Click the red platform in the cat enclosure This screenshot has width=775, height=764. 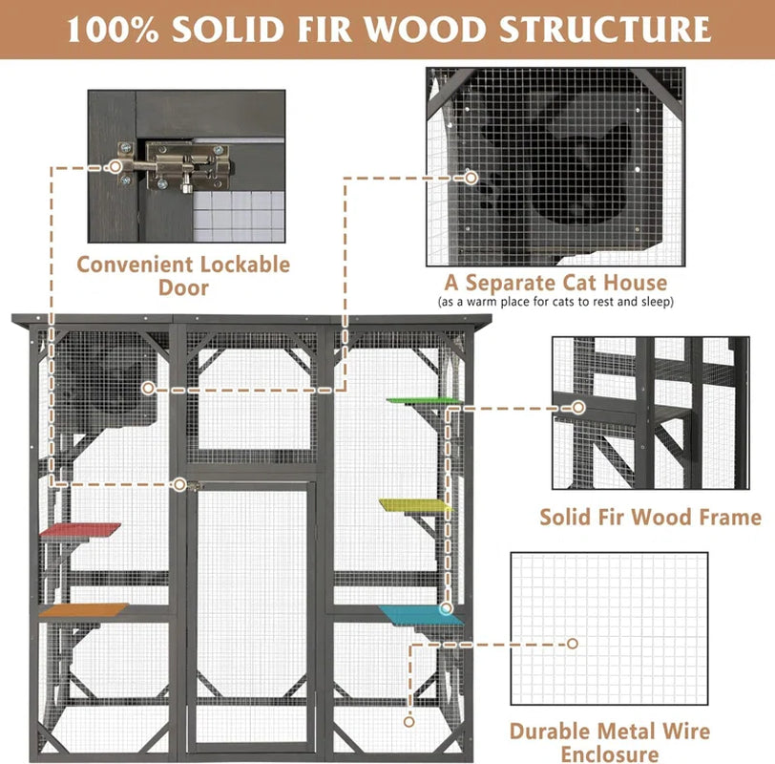[80, 530]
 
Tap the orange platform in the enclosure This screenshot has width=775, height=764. [84, 609]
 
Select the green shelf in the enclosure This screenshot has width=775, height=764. [423, 400]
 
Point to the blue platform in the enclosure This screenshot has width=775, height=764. [421, 615]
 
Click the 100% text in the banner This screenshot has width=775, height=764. [114, 30]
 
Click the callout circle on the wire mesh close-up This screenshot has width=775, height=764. [573, 644]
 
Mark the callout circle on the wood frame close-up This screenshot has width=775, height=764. [578, 408]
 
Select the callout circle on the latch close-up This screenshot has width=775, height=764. [115, 166]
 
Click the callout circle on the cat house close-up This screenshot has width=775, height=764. [471, 178]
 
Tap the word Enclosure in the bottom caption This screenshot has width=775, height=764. [610, 754]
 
